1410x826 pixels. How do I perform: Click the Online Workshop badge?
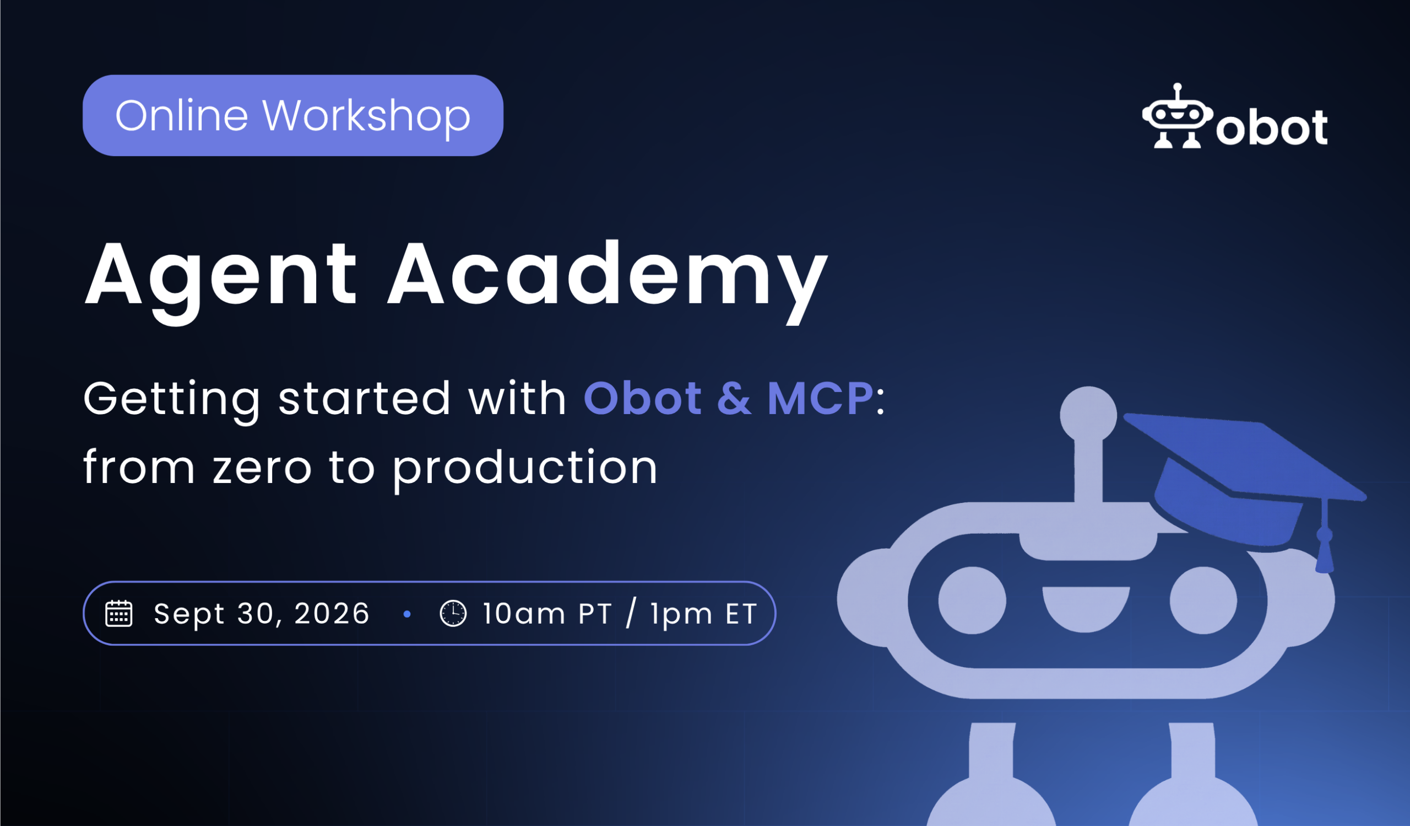click(x=292, y=115)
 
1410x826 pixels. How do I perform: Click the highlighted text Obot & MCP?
click(x=728, y=398)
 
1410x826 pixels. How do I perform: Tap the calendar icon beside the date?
click(x=118, y=613)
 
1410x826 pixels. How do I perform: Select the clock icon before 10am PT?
click(x=453, y=613)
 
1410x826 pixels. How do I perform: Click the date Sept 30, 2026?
click(x=261, y=614)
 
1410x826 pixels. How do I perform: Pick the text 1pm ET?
click(x=703, y=614)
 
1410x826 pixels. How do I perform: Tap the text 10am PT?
click(x=547, y=614)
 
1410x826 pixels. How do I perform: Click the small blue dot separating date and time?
click(x=407, y=614)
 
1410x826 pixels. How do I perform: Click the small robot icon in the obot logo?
click(x=1177, y=116)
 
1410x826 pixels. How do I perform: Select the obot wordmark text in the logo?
click(x=1271, y=128)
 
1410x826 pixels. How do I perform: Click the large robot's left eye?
click(x=972, y=600)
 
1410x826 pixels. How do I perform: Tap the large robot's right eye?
click(x=1203, y=600)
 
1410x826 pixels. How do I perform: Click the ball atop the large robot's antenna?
click(x=1088, y=415)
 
